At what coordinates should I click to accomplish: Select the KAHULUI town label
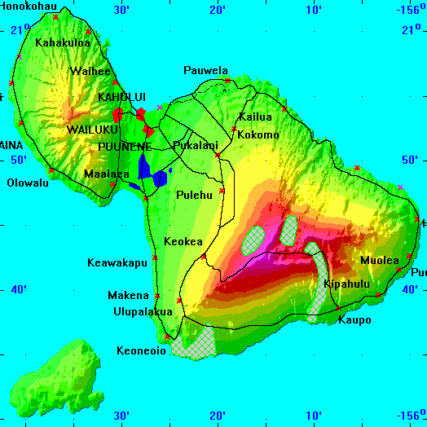click(121, 97)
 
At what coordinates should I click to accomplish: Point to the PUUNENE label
click(124, 147)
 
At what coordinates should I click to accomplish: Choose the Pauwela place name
click(205, 71)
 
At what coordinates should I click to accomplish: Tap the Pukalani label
click(196, 146)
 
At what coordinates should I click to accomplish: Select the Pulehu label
click(194, 195)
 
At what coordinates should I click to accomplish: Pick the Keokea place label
click(183, 242)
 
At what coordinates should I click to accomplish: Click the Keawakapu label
click(117, 262)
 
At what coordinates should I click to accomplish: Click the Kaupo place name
click(354, 320)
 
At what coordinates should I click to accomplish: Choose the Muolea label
click(380, 261)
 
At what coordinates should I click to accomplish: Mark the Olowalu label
click(29, 183)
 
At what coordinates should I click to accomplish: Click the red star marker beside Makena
click(156, 295)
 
